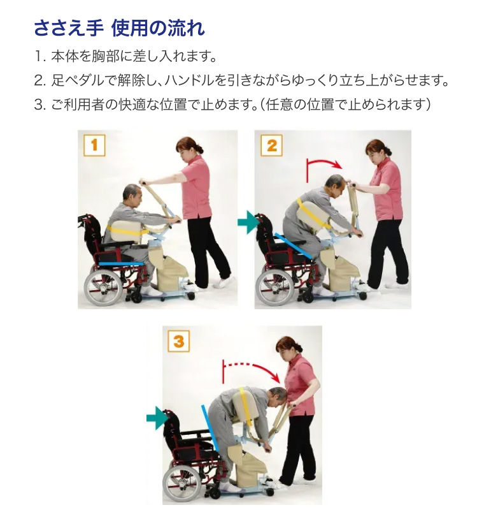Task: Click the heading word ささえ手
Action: click(69, 28)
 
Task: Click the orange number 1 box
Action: click(94, 145)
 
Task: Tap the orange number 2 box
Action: click(271, 145)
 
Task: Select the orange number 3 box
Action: click(178, 341)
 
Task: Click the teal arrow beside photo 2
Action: click(248, 223)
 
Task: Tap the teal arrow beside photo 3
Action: click(157, 418)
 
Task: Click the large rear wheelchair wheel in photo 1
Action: click(103, 286)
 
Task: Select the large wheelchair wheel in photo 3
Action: click(181, 482)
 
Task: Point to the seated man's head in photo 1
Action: click(132, 196)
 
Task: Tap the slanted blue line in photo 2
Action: click(293, 246)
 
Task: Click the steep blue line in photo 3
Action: click(210, 428)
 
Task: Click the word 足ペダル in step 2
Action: click(77, 80)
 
